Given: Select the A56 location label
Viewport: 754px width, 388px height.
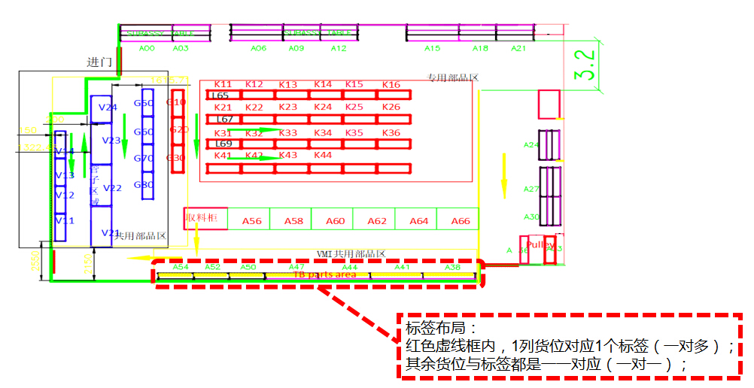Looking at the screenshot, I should click(252, 221).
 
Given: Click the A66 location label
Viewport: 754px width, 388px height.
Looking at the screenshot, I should click(461, 221).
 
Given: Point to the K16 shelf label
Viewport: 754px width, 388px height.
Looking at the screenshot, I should click(391, 85).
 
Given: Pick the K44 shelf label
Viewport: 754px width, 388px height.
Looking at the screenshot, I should click(322, 155).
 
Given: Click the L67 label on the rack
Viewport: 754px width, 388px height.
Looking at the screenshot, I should click(224, 120).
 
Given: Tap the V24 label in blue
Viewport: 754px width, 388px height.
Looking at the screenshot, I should click(108, 108).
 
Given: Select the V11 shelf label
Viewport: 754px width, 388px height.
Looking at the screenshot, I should click(65, 221).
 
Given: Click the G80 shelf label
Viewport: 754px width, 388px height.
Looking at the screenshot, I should click(144, 185).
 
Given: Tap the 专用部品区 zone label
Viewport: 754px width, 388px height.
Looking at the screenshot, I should click(453, 77).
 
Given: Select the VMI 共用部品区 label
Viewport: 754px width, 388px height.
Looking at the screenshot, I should click(351, 254).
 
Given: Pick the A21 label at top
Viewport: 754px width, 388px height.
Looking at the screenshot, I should click(518, 48).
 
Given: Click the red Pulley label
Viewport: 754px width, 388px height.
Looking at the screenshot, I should click(540, 244).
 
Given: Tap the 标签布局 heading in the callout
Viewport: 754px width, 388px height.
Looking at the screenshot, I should click(430, 329).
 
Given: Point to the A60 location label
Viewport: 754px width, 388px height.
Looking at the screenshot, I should click(336, 221).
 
